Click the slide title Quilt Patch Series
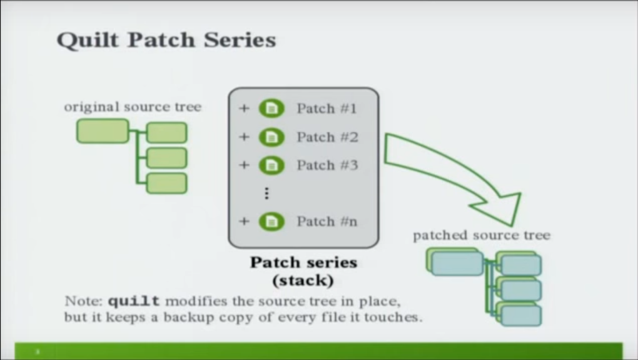point(166,40)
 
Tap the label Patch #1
point(327,109)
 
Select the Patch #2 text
point(328,137)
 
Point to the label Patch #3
point(328,165)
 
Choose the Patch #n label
point(327,221)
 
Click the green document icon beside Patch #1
point(271,109)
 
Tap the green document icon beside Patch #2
point(271,137)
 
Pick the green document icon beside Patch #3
point(271,165)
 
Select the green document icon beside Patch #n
point(271,221)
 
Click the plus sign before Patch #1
point(244,109)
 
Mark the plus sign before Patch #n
point(244,221)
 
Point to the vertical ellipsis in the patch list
point(266,193)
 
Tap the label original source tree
point(133,107)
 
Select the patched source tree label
point(482,235)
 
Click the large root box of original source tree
point(103,131)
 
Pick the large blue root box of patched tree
point(457,264)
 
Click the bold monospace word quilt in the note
point(134,301)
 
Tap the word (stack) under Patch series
point(303,281)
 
